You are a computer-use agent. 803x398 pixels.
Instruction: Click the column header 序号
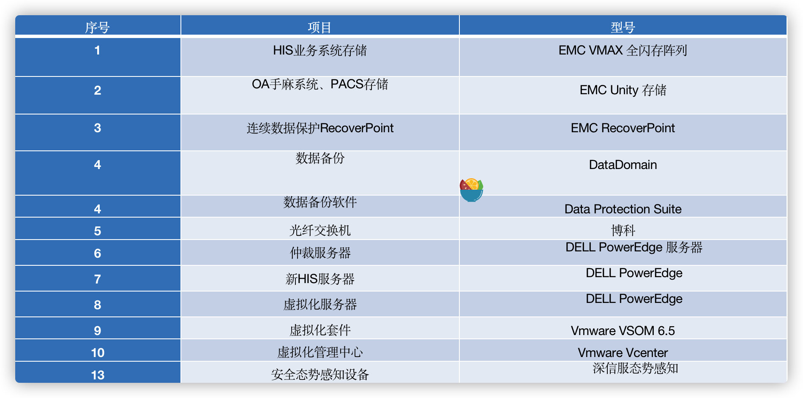pos(97,27)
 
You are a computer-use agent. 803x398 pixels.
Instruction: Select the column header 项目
pos(320,27)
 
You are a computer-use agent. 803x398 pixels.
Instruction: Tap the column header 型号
pos(623,27)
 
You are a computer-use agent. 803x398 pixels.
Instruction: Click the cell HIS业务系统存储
pos(320,51)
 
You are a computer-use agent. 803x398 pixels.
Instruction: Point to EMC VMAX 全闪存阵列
pos(623,51)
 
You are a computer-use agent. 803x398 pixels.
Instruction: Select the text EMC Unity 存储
pos(623,90)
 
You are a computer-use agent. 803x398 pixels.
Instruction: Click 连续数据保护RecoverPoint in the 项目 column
pos(320,128)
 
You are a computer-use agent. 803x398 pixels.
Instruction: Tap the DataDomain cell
pos(623,165)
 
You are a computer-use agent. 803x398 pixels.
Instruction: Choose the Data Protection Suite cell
pos(623,209)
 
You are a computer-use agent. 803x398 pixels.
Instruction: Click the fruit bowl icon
pos(471,190)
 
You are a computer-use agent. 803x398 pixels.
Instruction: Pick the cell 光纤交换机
pos(320,231)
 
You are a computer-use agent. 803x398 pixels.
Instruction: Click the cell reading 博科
pos(623,231)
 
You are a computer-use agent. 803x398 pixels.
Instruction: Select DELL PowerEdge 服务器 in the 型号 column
pos(634,247)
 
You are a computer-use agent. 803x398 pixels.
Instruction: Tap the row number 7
pos(97,279)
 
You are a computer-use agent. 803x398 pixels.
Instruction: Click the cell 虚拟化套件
pos(320,330)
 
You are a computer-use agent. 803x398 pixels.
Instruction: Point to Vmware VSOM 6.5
pos(623,331)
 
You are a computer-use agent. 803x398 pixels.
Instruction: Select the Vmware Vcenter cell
pos(623,353)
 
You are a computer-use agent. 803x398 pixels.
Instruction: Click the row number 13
pos(98,375)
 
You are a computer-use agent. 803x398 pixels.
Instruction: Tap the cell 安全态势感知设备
pos(320,374)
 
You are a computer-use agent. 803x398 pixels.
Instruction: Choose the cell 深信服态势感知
pos(635,368)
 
